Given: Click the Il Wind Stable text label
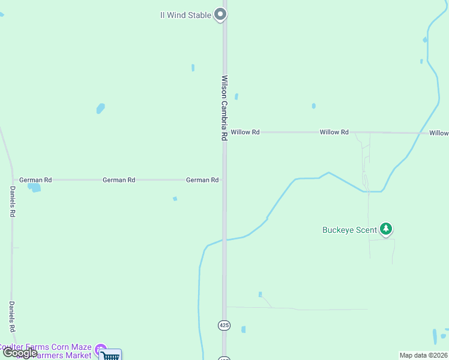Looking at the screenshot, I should tap(185, 15).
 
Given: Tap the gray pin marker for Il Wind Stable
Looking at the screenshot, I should tap(220, 14).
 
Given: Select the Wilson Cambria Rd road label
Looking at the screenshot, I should tap(224, 108).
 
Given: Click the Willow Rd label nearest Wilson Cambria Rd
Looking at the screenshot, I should tap(245, 132).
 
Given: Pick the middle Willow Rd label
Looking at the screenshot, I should tap(334, 132).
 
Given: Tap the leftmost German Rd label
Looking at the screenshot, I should tap(35, 179).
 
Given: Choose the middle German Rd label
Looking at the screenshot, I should tap(119, 179).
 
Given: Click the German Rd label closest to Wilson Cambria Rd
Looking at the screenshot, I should tap(202, 179).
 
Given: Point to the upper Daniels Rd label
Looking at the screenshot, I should tap(13, 201).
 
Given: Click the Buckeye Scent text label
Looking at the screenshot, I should tap(349, 230).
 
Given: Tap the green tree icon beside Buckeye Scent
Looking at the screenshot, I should tap(386, 229).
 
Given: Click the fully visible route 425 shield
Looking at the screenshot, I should tap(224, 325).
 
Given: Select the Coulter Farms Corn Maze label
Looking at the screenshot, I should tap(46, 347).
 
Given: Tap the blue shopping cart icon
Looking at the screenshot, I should tap(110, 355).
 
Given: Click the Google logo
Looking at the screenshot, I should tap(19, 353).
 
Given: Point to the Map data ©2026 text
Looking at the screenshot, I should tap(423, 355).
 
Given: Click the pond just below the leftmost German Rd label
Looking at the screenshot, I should tap(34, 188).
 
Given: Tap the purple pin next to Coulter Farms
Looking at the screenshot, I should tap(100, 348).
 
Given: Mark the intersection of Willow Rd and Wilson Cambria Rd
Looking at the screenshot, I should tap(225, 132).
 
